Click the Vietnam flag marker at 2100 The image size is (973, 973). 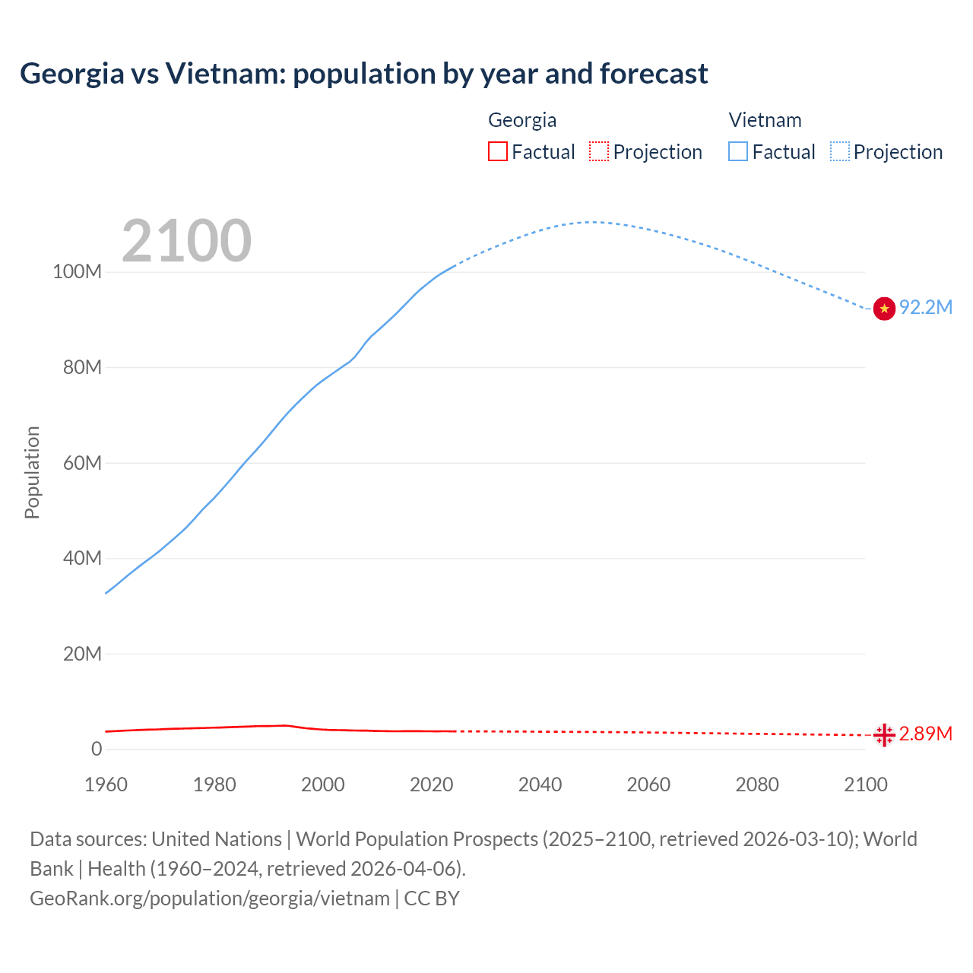(884, 309)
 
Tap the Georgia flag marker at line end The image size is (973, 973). (884, 735)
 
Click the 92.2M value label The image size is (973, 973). (926, 307)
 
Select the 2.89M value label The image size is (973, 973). (926, 734)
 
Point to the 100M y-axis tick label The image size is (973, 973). (77, 272)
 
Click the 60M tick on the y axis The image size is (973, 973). (82, 463)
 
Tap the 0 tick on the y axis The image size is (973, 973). (97, 749)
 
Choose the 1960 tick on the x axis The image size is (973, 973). (106, 784)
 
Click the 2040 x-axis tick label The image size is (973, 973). (540, 784)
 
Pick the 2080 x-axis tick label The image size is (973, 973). (757, 784)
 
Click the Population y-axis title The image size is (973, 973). (32, 473)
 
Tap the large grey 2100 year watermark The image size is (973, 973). (186, 241)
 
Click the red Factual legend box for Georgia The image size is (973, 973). (498, 151)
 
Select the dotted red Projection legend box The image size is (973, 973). (599, 151)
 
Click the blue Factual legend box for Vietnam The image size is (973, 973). (738, 151)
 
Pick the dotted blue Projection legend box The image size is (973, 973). (840, 151)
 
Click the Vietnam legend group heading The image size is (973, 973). (765, 120)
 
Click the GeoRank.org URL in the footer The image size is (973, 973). (210, 899)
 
